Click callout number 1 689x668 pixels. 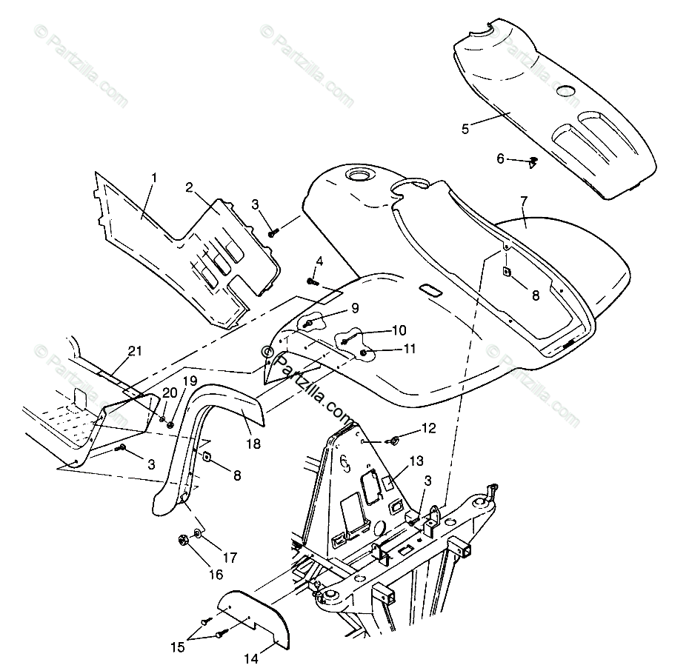tap(154, 178)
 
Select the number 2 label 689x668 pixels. tap(190, 187)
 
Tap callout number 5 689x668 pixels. tap(465, 129)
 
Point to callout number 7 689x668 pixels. tap(524, 201)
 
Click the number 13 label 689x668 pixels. tap(416, 461)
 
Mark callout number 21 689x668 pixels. tap(134, 351)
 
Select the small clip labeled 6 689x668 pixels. tap(533, 161)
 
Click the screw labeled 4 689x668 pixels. tap(313, 281)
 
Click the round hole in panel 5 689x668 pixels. tap(565, 90)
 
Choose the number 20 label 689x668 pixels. tap(169, 392)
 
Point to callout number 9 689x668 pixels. tap(355, 307)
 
